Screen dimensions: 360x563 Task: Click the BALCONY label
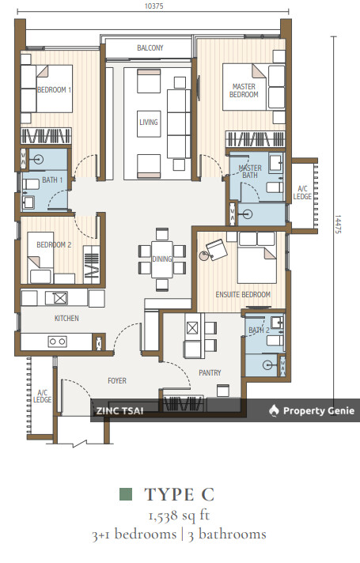150,47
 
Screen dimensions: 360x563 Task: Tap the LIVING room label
149,122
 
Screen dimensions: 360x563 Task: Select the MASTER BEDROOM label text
244,90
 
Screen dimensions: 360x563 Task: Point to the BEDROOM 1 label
55,90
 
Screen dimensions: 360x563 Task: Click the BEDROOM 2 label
54,245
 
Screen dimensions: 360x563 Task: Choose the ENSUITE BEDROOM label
243,294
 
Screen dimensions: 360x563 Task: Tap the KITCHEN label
66,318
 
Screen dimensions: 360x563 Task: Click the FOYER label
117,380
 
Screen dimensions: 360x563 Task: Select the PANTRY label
210,373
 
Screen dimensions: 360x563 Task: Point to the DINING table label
161,259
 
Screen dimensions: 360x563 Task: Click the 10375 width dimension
153,6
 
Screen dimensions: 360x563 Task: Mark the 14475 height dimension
338,225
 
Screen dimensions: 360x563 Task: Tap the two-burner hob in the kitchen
58,342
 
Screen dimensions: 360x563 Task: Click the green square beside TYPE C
126,494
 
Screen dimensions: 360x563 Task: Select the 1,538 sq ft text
179,516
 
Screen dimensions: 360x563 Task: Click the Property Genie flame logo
274,410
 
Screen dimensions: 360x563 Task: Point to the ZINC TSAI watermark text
119,411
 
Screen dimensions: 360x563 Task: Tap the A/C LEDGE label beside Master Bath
302,193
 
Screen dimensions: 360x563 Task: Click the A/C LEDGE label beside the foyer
42,396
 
